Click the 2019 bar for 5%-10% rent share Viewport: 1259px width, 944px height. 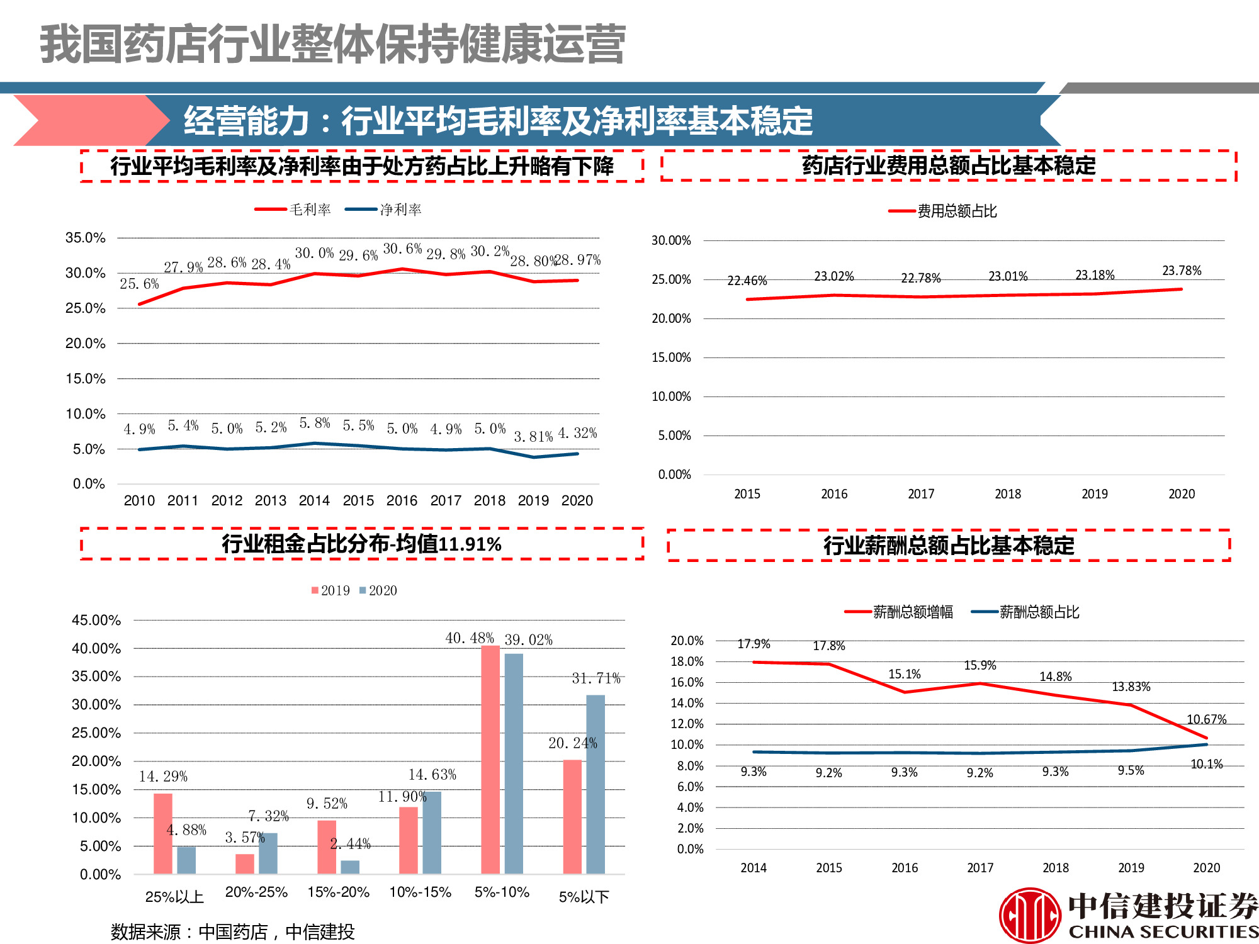point(490,759)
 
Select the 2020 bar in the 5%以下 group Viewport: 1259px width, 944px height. point(595,784)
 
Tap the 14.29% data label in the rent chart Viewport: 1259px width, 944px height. point(163,777)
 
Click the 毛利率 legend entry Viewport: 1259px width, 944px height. point(293,210)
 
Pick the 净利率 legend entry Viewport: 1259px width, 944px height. point(384,210)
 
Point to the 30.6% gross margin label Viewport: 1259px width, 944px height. point(402,249)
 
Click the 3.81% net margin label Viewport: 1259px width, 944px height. point(533,436)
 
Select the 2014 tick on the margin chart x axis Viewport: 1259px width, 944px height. point(314,501)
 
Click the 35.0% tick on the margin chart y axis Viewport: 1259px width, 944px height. point(85,238)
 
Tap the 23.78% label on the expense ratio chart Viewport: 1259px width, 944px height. point(1182,271)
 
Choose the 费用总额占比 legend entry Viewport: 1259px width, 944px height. point(943,211)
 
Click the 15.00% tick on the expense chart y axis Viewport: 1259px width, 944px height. point(671,357)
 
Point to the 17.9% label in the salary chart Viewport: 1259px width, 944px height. point(754,644)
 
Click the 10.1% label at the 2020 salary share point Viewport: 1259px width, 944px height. point(1206,764)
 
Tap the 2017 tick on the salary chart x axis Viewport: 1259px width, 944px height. point(980,868)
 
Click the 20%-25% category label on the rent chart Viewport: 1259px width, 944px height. point(256,892)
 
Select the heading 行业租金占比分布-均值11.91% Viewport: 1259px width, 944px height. point(361,544)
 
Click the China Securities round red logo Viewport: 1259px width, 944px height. point(1030,915)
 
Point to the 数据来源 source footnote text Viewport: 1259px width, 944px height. point(232,931)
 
